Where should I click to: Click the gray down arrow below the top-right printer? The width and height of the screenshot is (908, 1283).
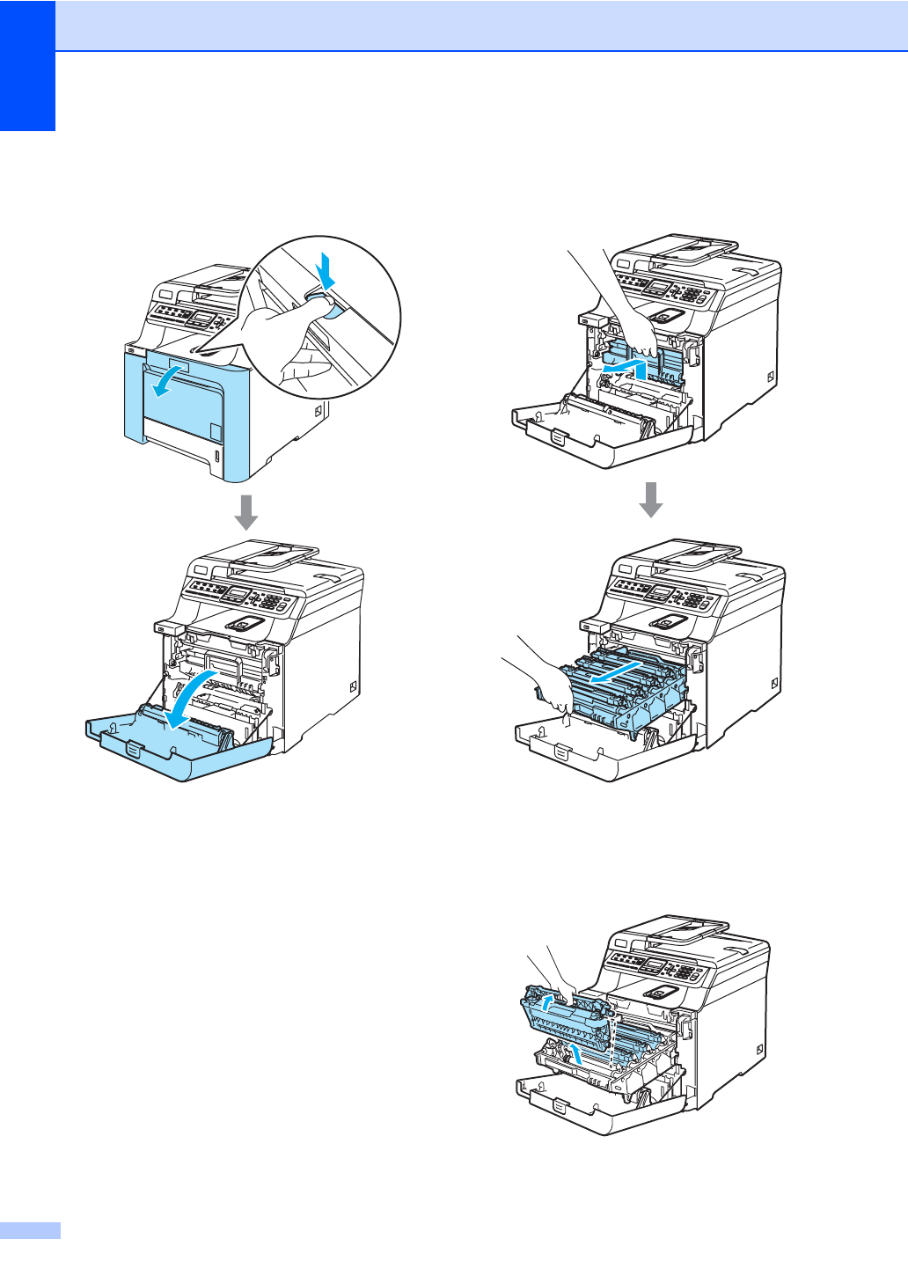click(651, 499)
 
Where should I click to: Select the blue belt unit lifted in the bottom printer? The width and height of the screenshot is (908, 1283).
click(563, 1021)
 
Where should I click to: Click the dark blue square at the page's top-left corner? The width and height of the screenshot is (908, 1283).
click(27, 65)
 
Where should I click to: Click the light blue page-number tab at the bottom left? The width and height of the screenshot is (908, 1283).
click(31, 1230)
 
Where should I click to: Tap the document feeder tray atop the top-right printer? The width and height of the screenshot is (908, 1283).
click(691, 247)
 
